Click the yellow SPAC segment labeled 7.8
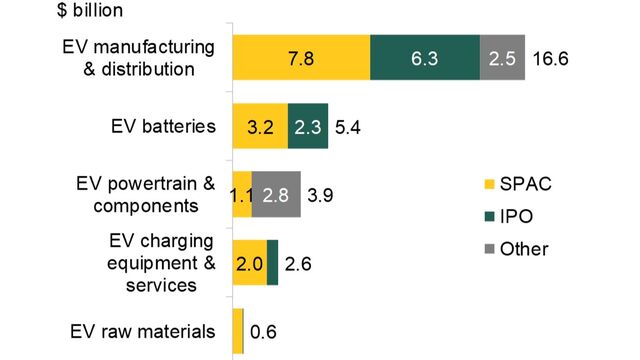(x=301, y=59)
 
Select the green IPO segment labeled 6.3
(x=425, y=59)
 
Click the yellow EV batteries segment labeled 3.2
(x=260, y=127)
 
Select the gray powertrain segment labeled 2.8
(x=276, y=195)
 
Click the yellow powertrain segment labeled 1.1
(x=241, y=195)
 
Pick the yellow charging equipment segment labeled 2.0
(x=249, y=263)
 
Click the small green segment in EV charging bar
(x=272, y=263)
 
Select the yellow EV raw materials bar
(x=237, y=331)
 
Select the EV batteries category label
(x=162, y=128)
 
